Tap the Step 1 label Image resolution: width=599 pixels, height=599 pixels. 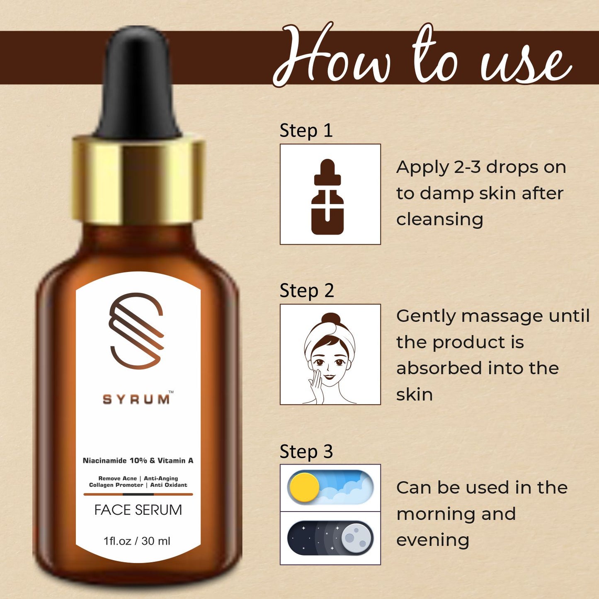click(306, 131)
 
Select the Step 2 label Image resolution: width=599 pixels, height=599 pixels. click(306, 291)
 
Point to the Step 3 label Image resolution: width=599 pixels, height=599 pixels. click(306, 451)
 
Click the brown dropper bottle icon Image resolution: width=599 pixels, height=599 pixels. click(327, 197)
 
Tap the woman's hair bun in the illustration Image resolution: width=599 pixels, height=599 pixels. click(330, 320)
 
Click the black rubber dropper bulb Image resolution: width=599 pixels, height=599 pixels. click(138, 82)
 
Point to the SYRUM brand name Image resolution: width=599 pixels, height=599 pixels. click(136, 400)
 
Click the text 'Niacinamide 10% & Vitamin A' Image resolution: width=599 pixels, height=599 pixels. click(138, 461)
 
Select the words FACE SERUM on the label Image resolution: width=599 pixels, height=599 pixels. click(138, 510)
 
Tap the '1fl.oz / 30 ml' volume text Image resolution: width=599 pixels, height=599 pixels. click(137, 541)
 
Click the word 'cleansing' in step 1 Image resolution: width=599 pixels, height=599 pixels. click(439, 219)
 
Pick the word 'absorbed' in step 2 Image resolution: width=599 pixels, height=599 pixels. click(439, 368)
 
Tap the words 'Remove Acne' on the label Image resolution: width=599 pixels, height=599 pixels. click(117, 478)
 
